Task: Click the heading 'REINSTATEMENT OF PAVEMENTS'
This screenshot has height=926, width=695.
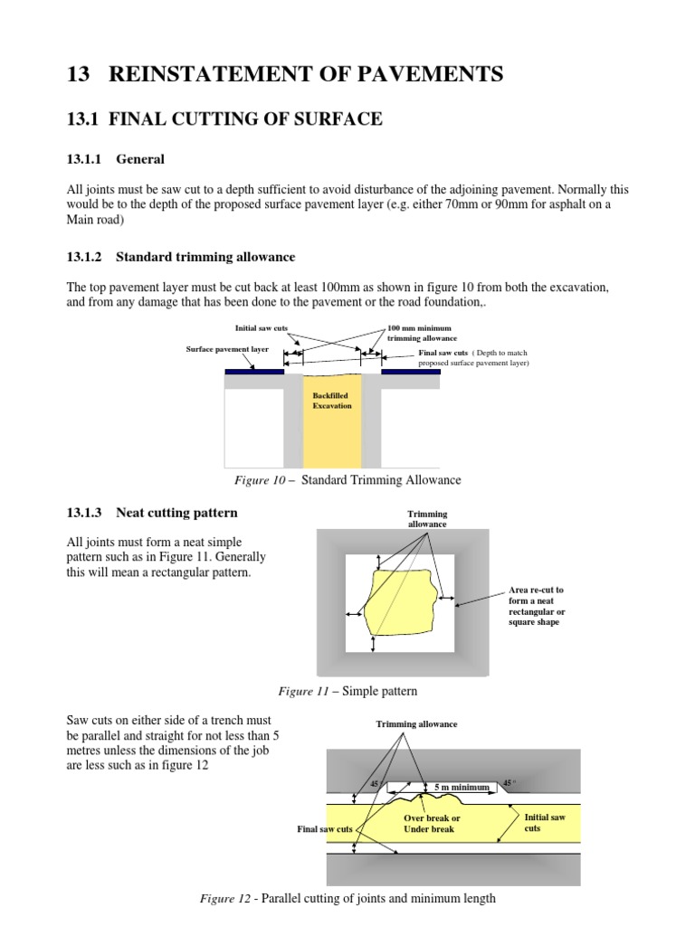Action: click(306, 74)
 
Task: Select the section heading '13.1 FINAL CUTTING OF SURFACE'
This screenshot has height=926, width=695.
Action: click(224, 118)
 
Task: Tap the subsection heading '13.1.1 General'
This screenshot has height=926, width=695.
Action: click(115, 159)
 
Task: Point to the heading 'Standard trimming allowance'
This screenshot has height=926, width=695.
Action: click(205, 258)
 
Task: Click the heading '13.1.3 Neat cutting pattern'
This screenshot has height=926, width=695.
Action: click(152, 513)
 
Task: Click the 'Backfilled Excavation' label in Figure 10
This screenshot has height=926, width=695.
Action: click(331, 401)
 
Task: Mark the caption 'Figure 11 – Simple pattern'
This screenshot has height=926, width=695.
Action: click(347, 692)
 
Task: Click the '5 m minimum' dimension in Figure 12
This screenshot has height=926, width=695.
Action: click(462, 788)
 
